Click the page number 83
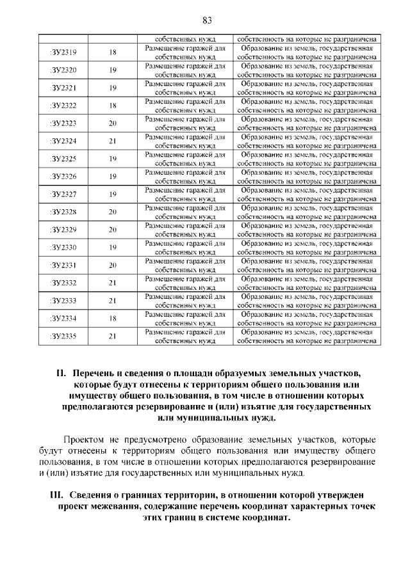[206, 20]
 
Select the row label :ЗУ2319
[63, 52]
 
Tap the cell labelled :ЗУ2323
[63, 123]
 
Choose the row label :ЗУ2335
[63, 336]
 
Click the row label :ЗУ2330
[63, 248]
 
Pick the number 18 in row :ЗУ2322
[113, 106]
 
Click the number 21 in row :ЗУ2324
[113, 141]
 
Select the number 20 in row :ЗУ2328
[113, 212]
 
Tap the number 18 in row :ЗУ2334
[113, 318]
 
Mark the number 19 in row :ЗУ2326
[113, 177]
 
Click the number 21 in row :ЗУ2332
[113, 283]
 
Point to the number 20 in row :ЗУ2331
[113, 265]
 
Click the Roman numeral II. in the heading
[61, 373]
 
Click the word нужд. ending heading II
[261, 419]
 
